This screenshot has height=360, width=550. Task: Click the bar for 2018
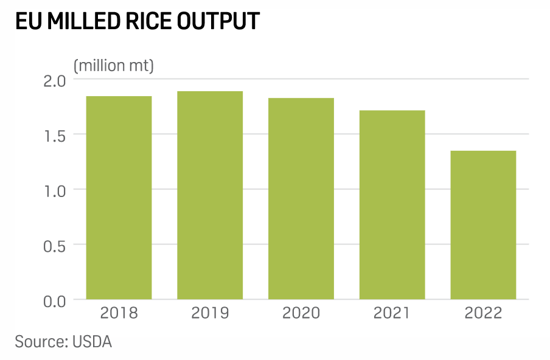click(x=119, y=198)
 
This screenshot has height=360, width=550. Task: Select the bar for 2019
click(x=210, y=195)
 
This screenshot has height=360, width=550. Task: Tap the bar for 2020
click(x=301, y=199)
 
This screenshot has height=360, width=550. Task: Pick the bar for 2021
click(x=392, y=205)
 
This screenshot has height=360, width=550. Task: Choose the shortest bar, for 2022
click(x=483, y=225)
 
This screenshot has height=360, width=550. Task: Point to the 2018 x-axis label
click(x=119, y=313)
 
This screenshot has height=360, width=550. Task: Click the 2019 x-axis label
click(x=210, y=313)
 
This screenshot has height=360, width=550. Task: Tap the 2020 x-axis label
click(x=301, y=313)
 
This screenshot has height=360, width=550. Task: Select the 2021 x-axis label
click(x=392, y=313)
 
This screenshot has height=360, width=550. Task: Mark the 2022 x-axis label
click(x=483, y=313)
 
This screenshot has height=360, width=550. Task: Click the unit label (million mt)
click(x=114, y=65)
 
